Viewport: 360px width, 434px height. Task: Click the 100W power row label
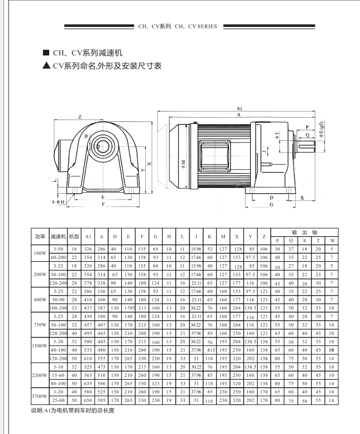pos(40,253)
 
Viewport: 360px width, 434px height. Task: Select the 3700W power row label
pos(39,396)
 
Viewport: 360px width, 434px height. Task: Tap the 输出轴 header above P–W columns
pos(304,233)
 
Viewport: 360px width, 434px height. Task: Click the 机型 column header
pos(74,236)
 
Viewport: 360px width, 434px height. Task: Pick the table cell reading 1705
pos(129,308)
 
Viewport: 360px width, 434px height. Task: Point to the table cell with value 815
pos(211,350)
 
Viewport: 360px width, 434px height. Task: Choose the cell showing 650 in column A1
pos(88,400)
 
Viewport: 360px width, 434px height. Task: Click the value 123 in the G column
pos(156,384)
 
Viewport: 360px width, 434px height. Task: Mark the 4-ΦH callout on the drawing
pos(58,202)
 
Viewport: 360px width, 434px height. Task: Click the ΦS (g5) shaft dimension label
pos(322,129)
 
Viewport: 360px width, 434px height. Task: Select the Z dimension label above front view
pos(80,117)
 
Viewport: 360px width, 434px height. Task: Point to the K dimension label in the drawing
pos(302,198)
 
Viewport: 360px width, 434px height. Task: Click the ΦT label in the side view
pos(277,135)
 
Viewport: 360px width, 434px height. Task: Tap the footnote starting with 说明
pos(73,410)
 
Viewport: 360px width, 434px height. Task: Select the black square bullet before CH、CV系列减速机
pos(46,53)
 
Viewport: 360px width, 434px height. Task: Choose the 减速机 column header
pos(58,236)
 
